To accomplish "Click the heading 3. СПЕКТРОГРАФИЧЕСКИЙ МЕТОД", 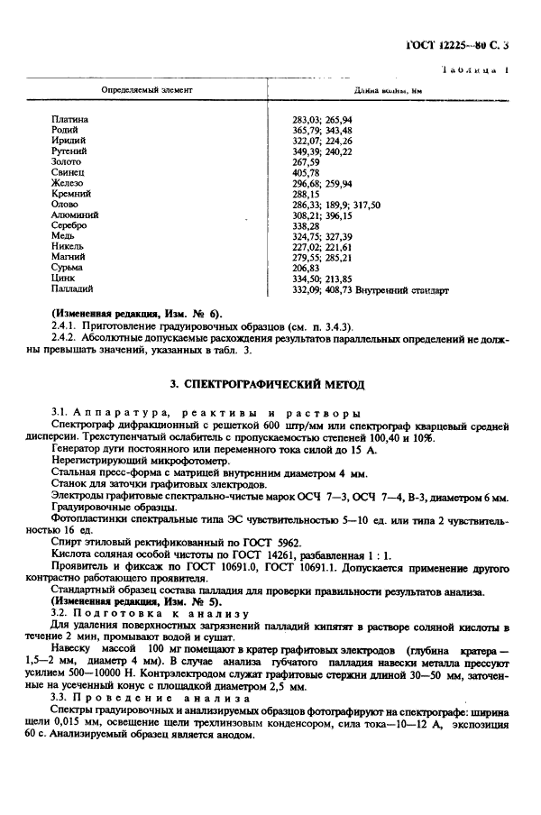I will pos(268,385).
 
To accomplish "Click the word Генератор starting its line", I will pos(78,450).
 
